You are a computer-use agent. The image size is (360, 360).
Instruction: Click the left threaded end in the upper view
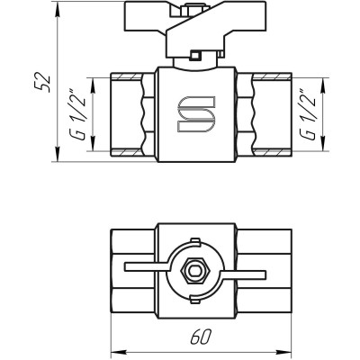point(131,114)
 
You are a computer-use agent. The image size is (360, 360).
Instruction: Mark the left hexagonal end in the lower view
point(131,267)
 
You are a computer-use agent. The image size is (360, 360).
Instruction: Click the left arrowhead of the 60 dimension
point(113,348)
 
